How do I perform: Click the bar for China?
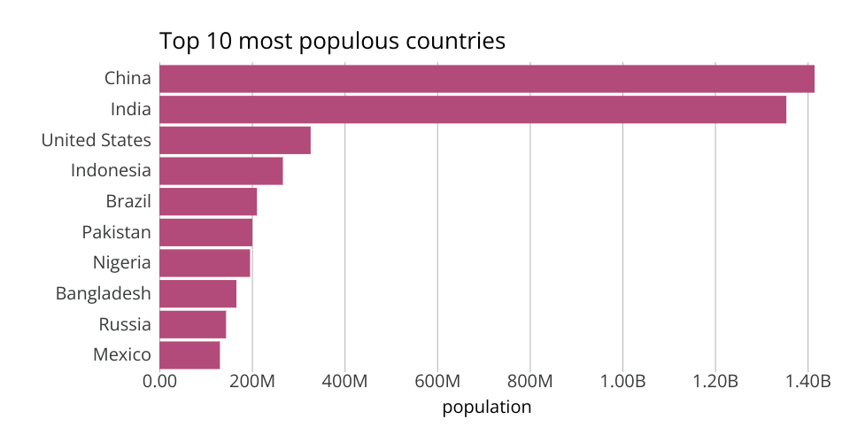click(487, 79)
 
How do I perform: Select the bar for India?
click(473, 110)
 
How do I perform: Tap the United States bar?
click(235, 140)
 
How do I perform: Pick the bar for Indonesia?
click(221, 171)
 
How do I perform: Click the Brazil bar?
click(208, 202)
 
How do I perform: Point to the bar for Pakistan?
click(205, 232)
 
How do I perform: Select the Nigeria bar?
click(205, 263)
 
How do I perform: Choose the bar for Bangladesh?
click(197, 293)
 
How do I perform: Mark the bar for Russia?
click(192, 324)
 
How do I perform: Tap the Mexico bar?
click(189, 355)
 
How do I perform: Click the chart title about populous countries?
click(332, 41)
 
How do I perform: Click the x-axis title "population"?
click(486, 408)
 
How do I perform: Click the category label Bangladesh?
click(103, 293)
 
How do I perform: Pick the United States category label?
click(96, 140)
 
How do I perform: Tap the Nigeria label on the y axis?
click(121, 263)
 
